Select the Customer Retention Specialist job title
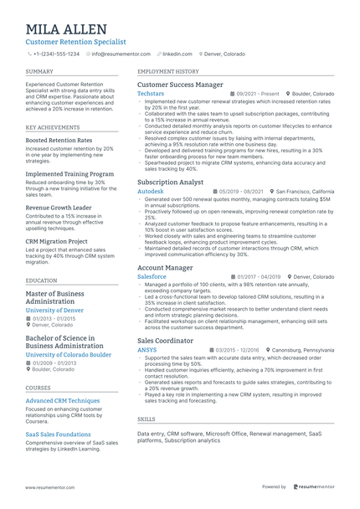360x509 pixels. tap(76, 40)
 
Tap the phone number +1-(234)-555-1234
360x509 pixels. tap(56, 54)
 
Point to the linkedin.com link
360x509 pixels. tap(176, 54)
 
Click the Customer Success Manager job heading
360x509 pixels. tap(180, 85)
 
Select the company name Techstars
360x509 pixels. tap(151, 95)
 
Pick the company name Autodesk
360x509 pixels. tap(151, 191)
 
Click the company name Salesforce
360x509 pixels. tap(152, 275)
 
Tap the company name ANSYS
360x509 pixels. tap(147, 350)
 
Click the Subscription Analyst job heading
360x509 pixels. tap(170, 182)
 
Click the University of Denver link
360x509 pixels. tap(54, 311)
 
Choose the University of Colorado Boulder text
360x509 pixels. tap(69, 355)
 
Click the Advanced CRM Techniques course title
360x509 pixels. tap(63, 400)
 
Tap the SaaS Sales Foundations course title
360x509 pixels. tap(59, 434)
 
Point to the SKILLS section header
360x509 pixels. tap(146, 419)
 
